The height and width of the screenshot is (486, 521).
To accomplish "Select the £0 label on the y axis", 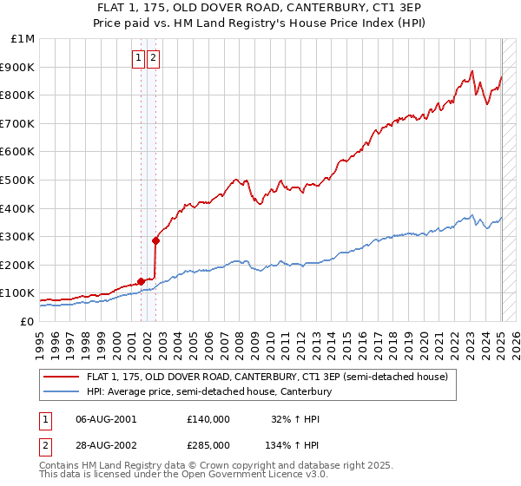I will [28, 321].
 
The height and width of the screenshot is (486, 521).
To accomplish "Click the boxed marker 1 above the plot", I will [138, 58].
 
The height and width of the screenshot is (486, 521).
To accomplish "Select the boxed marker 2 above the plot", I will [153, 58].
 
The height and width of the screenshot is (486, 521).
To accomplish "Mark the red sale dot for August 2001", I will [141, 281].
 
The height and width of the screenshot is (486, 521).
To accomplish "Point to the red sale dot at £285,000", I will [156, 240].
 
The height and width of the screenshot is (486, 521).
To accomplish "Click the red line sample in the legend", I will [63, 377].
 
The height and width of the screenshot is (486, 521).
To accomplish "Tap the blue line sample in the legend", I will [63, 392].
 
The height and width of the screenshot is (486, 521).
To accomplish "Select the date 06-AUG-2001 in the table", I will [106, 418].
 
